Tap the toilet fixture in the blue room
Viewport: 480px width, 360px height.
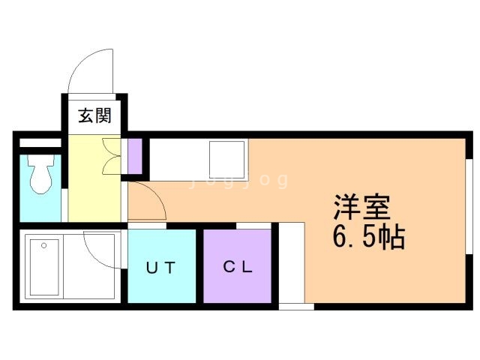(x=39, y=175)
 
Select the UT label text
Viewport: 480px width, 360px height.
(x=161, y=267)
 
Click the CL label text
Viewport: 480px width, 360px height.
(x=237, y=267)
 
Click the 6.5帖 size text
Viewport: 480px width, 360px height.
(x=369, y=238)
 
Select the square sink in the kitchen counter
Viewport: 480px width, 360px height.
(x=226, y=157)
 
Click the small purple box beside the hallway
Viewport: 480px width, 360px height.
(x=135, y=155)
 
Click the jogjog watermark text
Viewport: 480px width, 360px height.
(x=240, y=180)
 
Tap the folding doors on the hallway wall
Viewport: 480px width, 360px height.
(x=110, y=156)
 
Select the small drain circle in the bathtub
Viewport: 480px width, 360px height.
(x=43, y=245)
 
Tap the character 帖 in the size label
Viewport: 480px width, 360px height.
(x=391, y=238)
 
